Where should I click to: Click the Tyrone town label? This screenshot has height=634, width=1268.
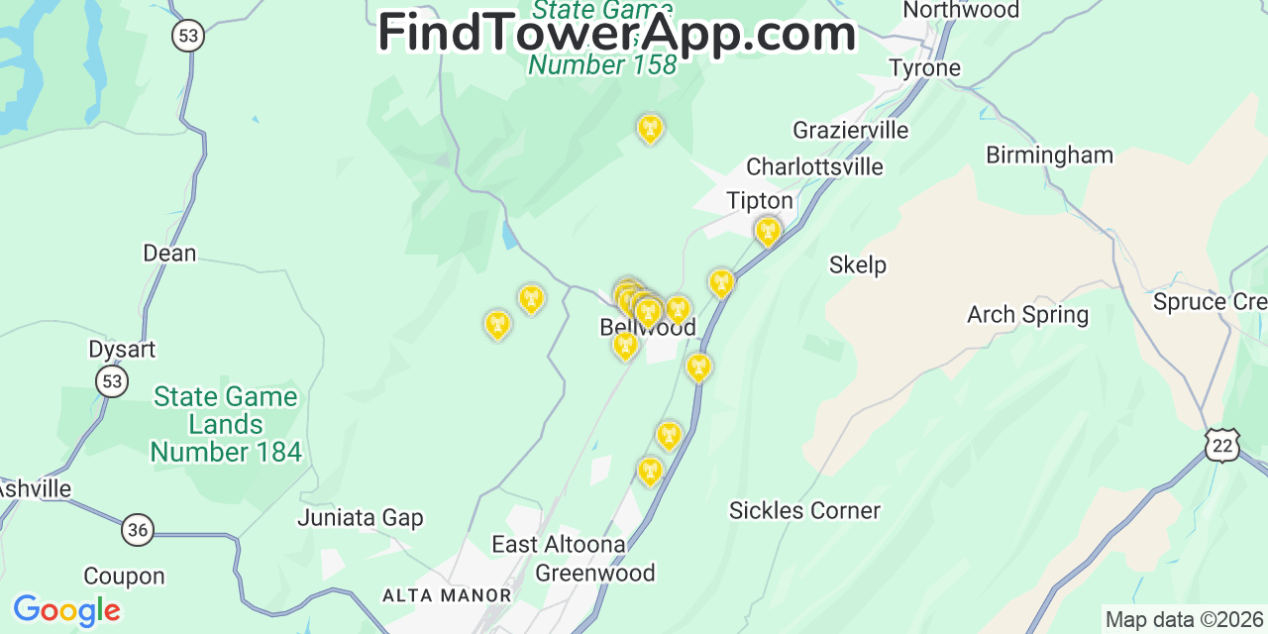tap(924, 68)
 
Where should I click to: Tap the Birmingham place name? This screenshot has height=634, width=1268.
tap(1049, 156)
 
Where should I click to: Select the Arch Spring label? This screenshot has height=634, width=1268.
tap(1027, 315)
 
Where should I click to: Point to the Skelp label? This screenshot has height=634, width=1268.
tap(857, 265)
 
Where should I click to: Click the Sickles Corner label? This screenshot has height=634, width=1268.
tap(804, 511)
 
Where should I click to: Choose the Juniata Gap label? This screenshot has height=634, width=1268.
tap(361, 518)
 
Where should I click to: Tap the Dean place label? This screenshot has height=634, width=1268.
tap(169, 254)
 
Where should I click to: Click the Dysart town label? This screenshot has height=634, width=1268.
tap(122, 350)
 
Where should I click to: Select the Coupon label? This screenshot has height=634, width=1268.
tap(124, 577)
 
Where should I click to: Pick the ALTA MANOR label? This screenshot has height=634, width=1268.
tap(447, 595)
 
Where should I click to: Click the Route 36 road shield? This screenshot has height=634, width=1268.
tap(138, 530)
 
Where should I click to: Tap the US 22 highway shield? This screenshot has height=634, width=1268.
tap(1222, 446)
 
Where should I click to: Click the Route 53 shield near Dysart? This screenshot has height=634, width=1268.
tap(112, 380)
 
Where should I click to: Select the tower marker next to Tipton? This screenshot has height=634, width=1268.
tap(767, 232)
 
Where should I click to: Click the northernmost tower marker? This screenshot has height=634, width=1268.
tap(650, 128)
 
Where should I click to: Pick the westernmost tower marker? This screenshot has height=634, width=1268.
tap(497, 324)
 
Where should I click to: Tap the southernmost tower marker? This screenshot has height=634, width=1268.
tap(650, 471)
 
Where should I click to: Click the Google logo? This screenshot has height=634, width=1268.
tap(66, 610)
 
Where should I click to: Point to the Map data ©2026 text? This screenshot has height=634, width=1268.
tap(1185, 620)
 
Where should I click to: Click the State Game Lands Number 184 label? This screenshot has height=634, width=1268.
tap(226, 425)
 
